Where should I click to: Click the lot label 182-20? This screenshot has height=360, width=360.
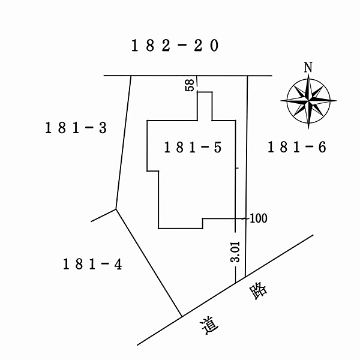coord(175,46)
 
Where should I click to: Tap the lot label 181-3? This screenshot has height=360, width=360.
coord(76,128)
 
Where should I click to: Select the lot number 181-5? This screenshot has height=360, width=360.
coord(193,147)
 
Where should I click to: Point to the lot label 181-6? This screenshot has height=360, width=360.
coord(297,147)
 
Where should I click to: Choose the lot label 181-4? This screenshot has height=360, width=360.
coord(92,264)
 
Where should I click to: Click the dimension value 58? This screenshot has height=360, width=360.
coord(190,85)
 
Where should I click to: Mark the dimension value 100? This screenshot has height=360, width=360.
coord(258,218)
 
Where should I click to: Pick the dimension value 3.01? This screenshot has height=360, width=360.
coord(235,251)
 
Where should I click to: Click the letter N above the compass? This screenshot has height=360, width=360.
coord(308,67)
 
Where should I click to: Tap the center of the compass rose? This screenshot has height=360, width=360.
coord(308,101)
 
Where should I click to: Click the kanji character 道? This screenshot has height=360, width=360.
coord(209,325)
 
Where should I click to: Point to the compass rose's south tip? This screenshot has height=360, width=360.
coord(308,129)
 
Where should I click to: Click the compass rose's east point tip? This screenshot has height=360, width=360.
coord(337,101)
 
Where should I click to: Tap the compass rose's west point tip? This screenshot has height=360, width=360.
coord(280,101)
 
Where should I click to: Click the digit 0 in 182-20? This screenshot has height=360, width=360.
coord(214,46)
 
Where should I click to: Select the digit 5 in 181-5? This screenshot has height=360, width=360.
coord(218,147)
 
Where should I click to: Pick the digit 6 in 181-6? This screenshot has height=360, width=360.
coord(322,147)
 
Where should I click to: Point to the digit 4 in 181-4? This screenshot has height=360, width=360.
coord(118,264)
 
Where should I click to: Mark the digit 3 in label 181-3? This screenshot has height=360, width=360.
coord(103,128)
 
